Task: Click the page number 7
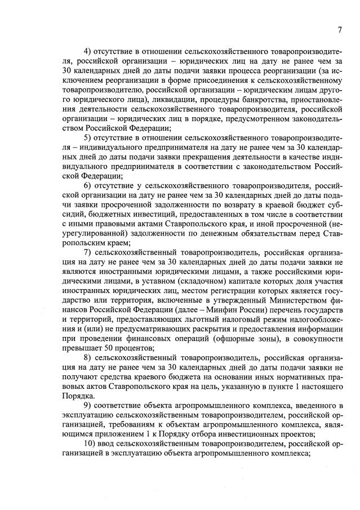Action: pos(340,30)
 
